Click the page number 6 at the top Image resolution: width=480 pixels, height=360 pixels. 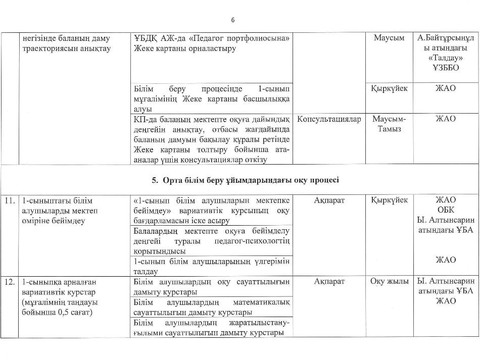[x=233, y=20]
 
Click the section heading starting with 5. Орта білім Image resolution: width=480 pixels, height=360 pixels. [x=246, y=180]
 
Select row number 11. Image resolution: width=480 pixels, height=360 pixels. [x=9, y=200]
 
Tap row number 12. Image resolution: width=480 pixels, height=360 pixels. [x=9, y=282]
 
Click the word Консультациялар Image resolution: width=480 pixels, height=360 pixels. [x=329, y=119]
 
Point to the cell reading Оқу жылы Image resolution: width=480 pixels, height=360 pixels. [x=389, y=282]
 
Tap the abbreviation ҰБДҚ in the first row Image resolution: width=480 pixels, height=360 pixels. [x=147, y=38]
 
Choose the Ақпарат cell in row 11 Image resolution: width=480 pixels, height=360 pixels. [x=329, y=200]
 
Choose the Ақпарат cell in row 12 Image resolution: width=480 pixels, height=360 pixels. [x=329, y=282]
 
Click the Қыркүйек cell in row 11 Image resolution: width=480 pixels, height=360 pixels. [x=389, y=200]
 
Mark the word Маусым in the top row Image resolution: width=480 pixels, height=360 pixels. [x=389, y=38]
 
